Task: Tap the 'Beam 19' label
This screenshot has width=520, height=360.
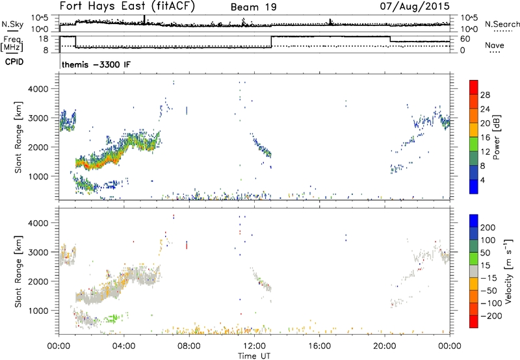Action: tap(254, 7)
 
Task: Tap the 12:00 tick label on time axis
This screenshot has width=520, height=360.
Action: tap(254, 345)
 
